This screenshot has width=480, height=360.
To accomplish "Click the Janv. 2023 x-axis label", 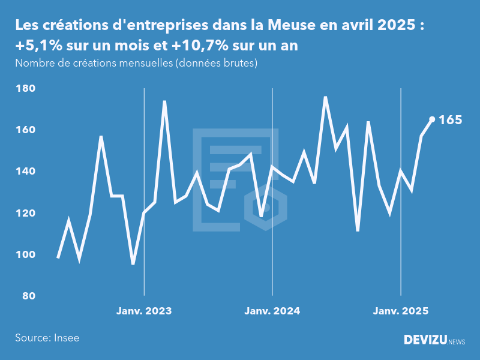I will point(144,311).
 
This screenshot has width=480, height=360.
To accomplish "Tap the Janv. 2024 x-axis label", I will point(272,311).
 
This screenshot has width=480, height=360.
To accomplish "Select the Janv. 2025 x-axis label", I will point(401,311).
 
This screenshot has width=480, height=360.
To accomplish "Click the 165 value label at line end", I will point(450,120).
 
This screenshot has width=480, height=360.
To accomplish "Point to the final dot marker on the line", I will point(432,119).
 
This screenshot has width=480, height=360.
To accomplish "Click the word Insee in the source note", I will point(66,338).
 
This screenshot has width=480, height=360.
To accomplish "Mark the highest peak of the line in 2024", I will point(325,97).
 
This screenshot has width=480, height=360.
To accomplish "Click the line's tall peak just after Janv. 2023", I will point(164,101).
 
